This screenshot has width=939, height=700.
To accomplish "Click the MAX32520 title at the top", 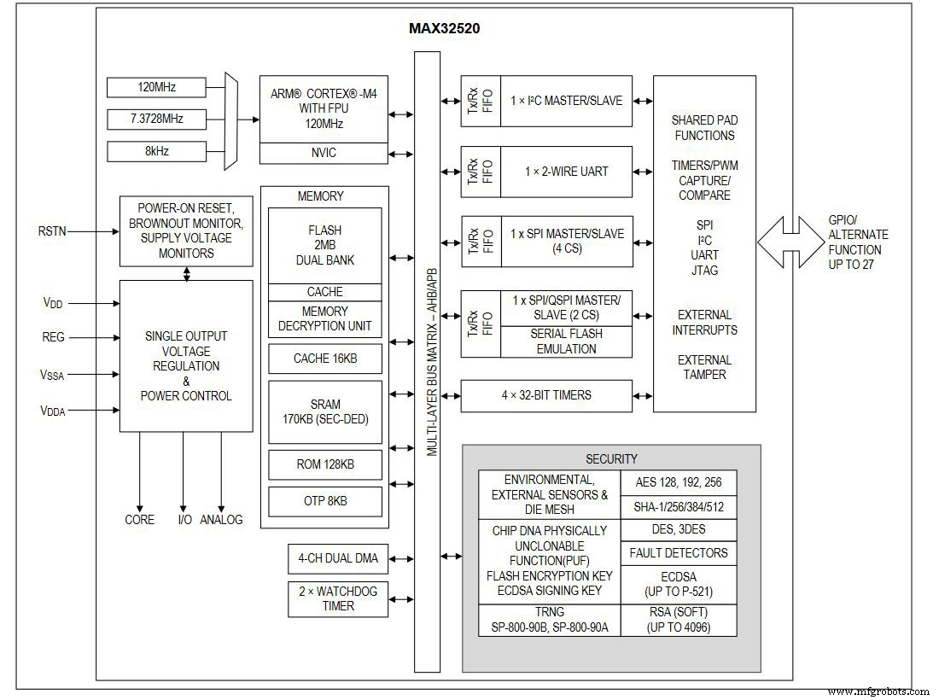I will (x=444, y=28).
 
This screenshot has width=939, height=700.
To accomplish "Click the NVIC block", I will (x=324, y=153).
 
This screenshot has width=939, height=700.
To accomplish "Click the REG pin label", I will (x=54, y=337).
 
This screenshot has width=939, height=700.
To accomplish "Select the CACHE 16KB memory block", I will (x=324, y=359).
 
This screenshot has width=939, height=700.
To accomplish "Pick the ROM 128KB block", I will (x=324, y=464).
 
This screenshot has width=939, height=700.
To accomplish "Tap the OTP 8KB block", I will (x=324, y=501).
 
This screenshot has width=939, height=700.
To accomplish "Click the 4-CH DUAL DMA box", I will (x=337, y=560).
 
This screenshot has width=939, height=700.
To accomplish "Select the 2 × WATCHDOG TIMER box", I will (x=337, y=598).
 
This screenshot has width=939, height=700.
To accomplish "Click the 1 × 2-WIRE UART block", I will (x=566, y=172).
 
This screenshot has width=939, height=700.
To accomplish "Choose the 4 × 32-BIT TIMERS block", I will (x=547, y=395).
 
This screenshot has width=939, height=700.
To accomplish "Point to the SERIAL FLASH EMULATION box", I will (x=566, y=341).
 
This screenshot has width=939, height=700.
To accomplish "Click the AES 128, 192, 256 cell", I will (x=678, y=482).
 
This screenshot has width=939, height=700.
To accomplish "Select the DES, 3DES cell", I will (x=678, y=529).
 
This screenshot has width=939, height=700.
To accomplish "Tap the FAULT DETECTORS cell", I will (x=678, y=553).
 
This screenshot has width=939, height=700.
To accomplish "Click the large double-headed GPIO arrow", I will (x=790, y=242).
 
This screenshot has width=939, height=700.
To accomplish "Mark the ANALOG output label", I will (x=221, y=519).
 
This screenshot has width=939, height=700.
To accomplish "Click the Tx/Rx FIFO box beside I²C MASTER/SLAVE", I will (x=480, y=101).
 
